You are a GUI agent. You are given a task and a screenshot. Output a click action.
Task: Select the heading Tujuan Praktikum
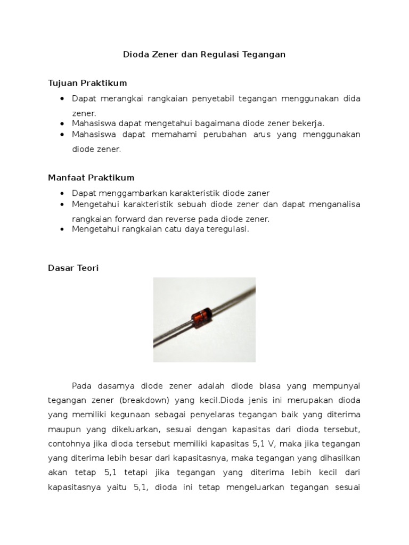pos(87,84)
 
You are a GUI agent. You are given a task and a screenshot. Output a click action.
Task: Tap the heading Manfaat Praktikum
pos(91,178)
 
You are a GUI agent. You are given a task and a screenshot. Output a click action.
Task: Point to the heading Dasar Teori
pos(73,268)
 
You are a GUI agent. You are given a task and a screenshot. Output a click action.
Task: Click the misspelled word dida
pos(351,99)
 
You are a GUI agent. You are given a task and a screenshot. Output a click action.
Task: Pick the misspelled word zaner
pos(257,193)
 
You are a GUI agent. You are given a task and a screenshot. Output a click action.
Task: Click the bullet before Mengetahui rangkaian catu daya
pos(63,229)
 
